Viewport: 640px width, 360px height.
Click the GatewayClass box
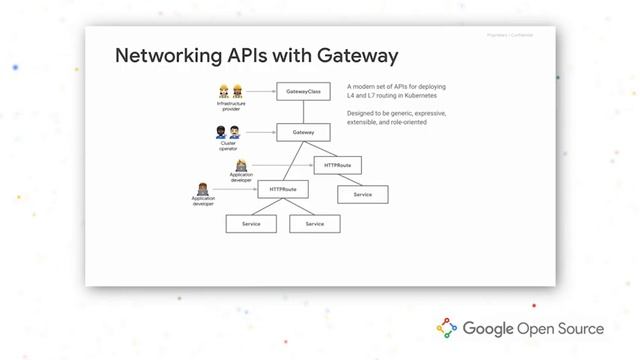(x=303, y=91)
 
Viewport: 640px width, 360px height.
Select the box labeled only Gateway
(x=303, y=132)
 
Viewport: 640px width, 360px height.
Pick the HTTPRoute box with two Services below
(x=283, y=188)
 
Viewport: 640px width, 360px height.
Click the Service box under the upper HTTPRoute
(x=362, y=194)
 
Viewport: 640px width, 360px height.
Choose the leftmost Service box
(x=251, y=224)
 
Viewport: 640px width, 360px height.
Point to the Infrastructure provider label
(x=231, y=106)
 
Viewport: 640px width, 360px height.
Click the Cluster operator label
(x=229, y=146)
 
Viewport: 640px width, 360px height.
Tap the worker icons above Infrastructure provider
(x=231, y=91)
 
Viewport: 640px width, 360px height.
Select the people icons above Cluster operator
(x=228, y=132)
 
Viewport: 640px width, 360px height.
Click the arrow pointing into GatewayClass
(x=261, y=91)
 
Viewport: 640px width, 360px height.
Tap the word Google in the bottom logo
(x=486, y=328)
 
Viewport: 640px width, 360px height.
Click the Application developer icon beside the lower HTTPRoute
(x=202, y=188)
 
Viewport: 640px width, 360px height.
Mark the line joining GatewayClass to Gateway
(x=303, y=111)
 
